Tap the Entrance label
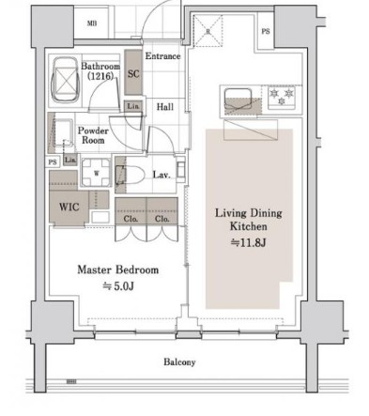click(161, 57)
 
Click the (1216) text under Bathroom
click(98, 79)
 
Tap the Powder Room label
click(93, 135)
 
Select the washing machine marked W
click(95, 173)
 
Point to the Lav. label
click(161, 175)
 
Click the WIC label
click(67, 207)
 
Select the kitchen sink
click(235, 98)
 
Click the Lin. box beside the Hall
click(133, 107)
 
